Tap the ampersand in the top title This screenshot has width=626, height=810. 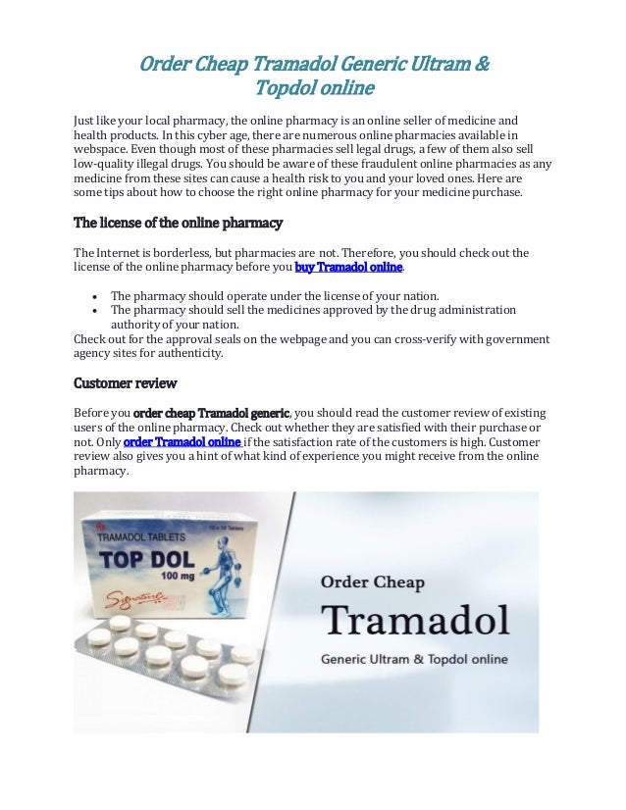coord(481,66)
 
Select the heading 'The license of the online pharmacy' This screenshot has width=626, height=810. coord(179,223)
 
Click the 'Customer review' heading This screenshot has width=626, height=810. coord(126,382)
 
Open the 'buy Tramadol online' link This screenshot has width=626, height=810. coord(349,268)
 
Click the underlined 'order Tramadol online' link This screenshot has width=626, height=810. coord(183,441)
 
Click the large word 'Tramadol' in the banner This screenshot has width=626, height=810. coord(416,620)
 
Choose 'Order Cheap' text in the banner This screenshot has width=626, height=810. coord(374,582)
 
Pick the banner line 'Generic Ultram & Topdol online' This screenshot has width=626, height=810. coord(414,659)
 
